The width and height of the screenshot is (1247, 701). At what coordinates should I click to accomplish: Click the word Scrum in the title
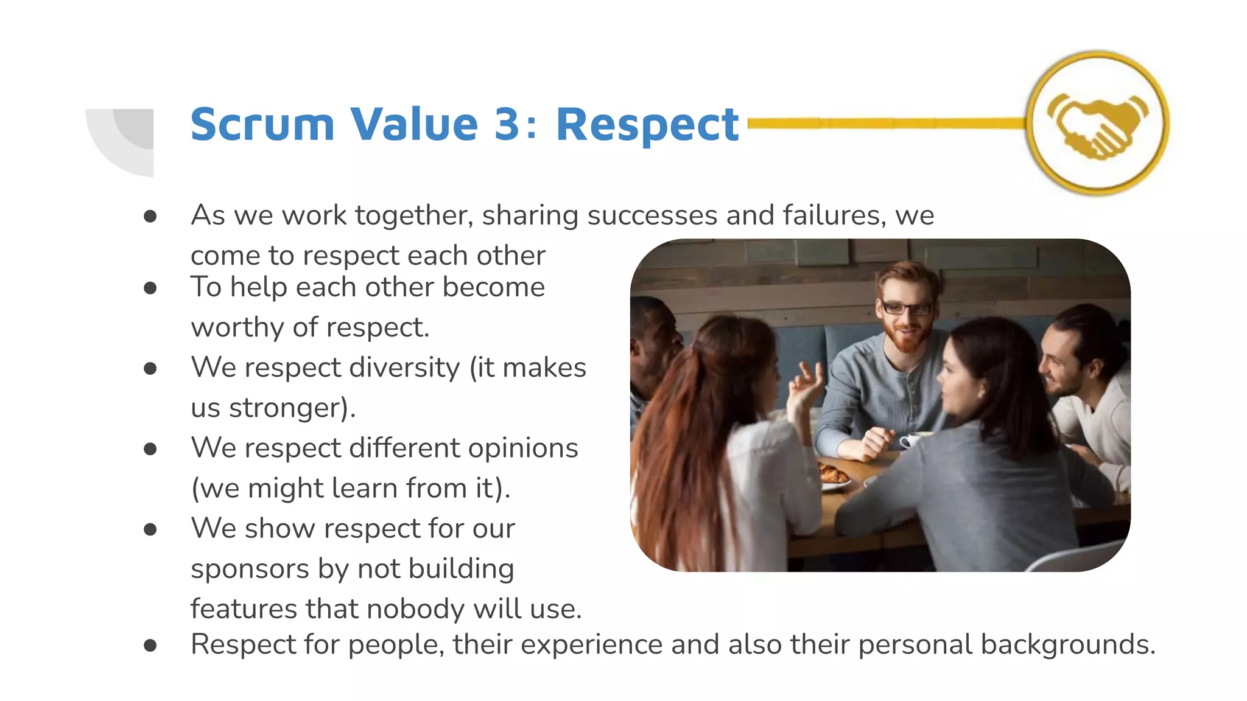(262, 125)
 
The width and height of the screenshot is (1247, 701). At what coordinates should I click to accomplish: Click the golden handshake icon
(1097, 124)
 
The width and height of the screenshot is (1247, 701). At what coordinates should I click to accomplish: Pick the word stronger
(292, 408)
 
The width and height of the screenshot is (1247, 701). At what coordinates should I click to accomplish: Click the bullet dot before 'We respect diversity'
(150, 369)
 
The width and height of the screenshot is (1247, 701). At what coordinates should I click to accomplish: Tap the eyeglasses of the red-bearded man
(906, 308)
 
